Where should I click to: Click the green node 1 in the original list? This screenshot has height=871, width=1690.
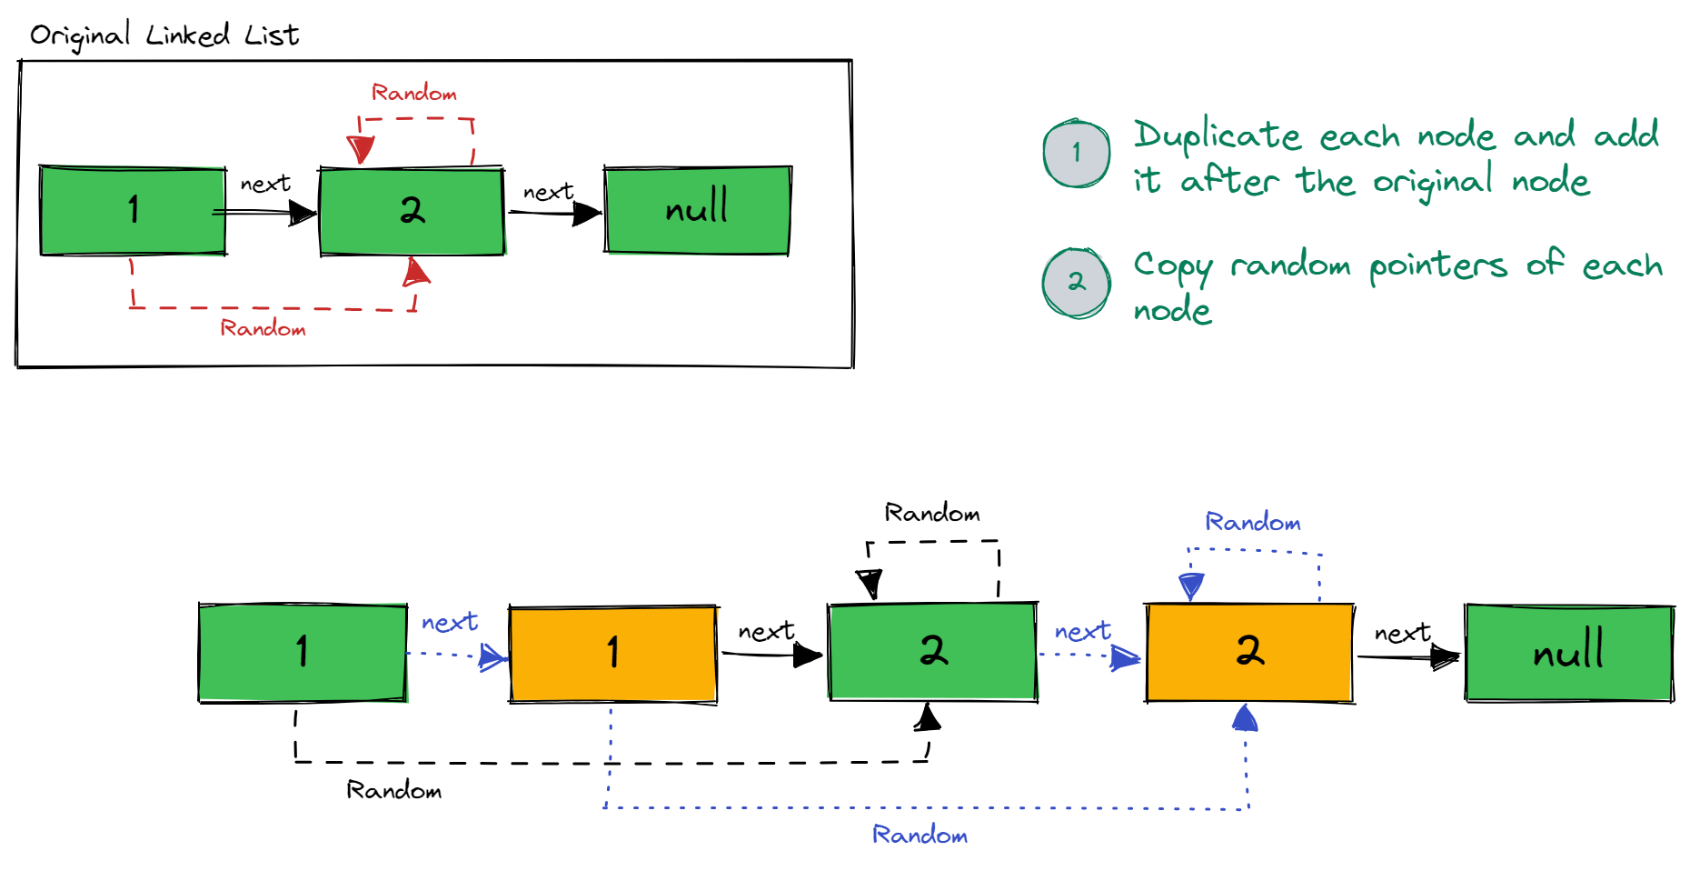click(x=133, y=211)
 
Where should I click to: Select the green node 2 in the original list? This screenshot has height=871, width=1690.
click(x=412, y=211)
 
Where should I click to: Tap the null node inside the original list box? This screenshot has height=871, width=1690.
click(x=697, y=210)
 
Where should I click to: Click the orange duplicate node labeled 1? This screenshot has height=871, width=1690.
click(x=613, y=653)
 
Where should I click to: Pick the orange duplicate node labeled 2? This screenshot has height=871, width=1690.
click(x=1249, y=652)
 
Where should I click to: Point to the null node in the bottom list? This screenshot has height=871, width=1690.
click(x=1569, y=652)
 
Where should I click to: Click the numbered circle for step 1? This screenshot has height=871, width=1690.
click(x=1077, y=153)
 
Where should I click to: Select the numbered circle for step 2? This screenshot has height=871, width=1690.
click(x=1077, y=283)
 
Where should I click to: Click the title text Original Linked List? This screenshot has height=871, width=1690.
click(x=164, y=35)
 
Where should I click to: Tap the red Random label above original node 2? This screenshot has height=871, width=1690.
click(x=413, y=93)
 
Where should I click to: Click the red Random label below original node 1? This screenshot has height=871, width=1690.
click(x=263, y=328)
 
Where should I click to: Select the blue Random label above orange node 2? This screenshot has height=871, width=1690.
click(x=1252, y=522)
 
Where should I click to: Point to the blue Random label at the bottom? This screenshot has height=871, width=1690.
click(x=920, y=835)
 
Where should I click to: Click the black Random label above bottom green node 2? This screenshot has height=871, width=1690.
click(x=932, y=513)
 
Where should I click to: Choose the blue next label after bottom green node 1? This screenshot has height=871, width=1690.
click(x=449, y=622)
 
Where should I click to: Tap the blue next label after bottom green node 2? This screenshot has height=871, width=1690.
click(x=1082, y=631)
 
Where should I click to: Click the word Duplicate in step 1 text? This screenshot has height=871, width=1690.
click(x=1217, y=135)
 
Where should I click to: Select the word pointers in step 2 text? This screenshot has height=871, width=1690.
click(x=1437, y=265)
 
